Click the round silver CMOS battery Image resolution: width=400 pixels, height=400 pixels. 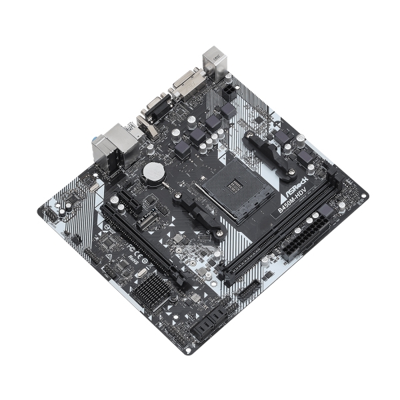153,171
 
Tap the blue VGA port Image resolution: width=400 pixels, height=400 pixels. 155,107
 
